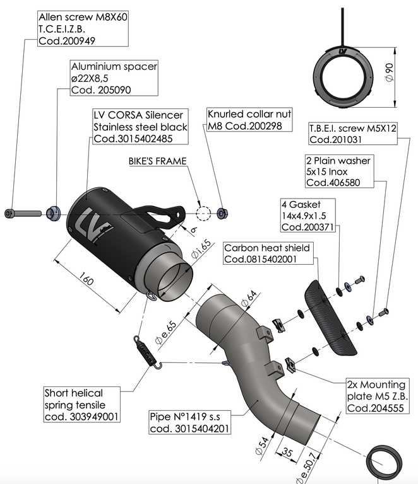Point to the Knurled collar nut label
click(x=249, y=120)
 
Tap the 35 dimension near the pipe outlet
click(x=286, y=451)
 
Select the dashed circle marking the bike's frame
click(x=203, y=212)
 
